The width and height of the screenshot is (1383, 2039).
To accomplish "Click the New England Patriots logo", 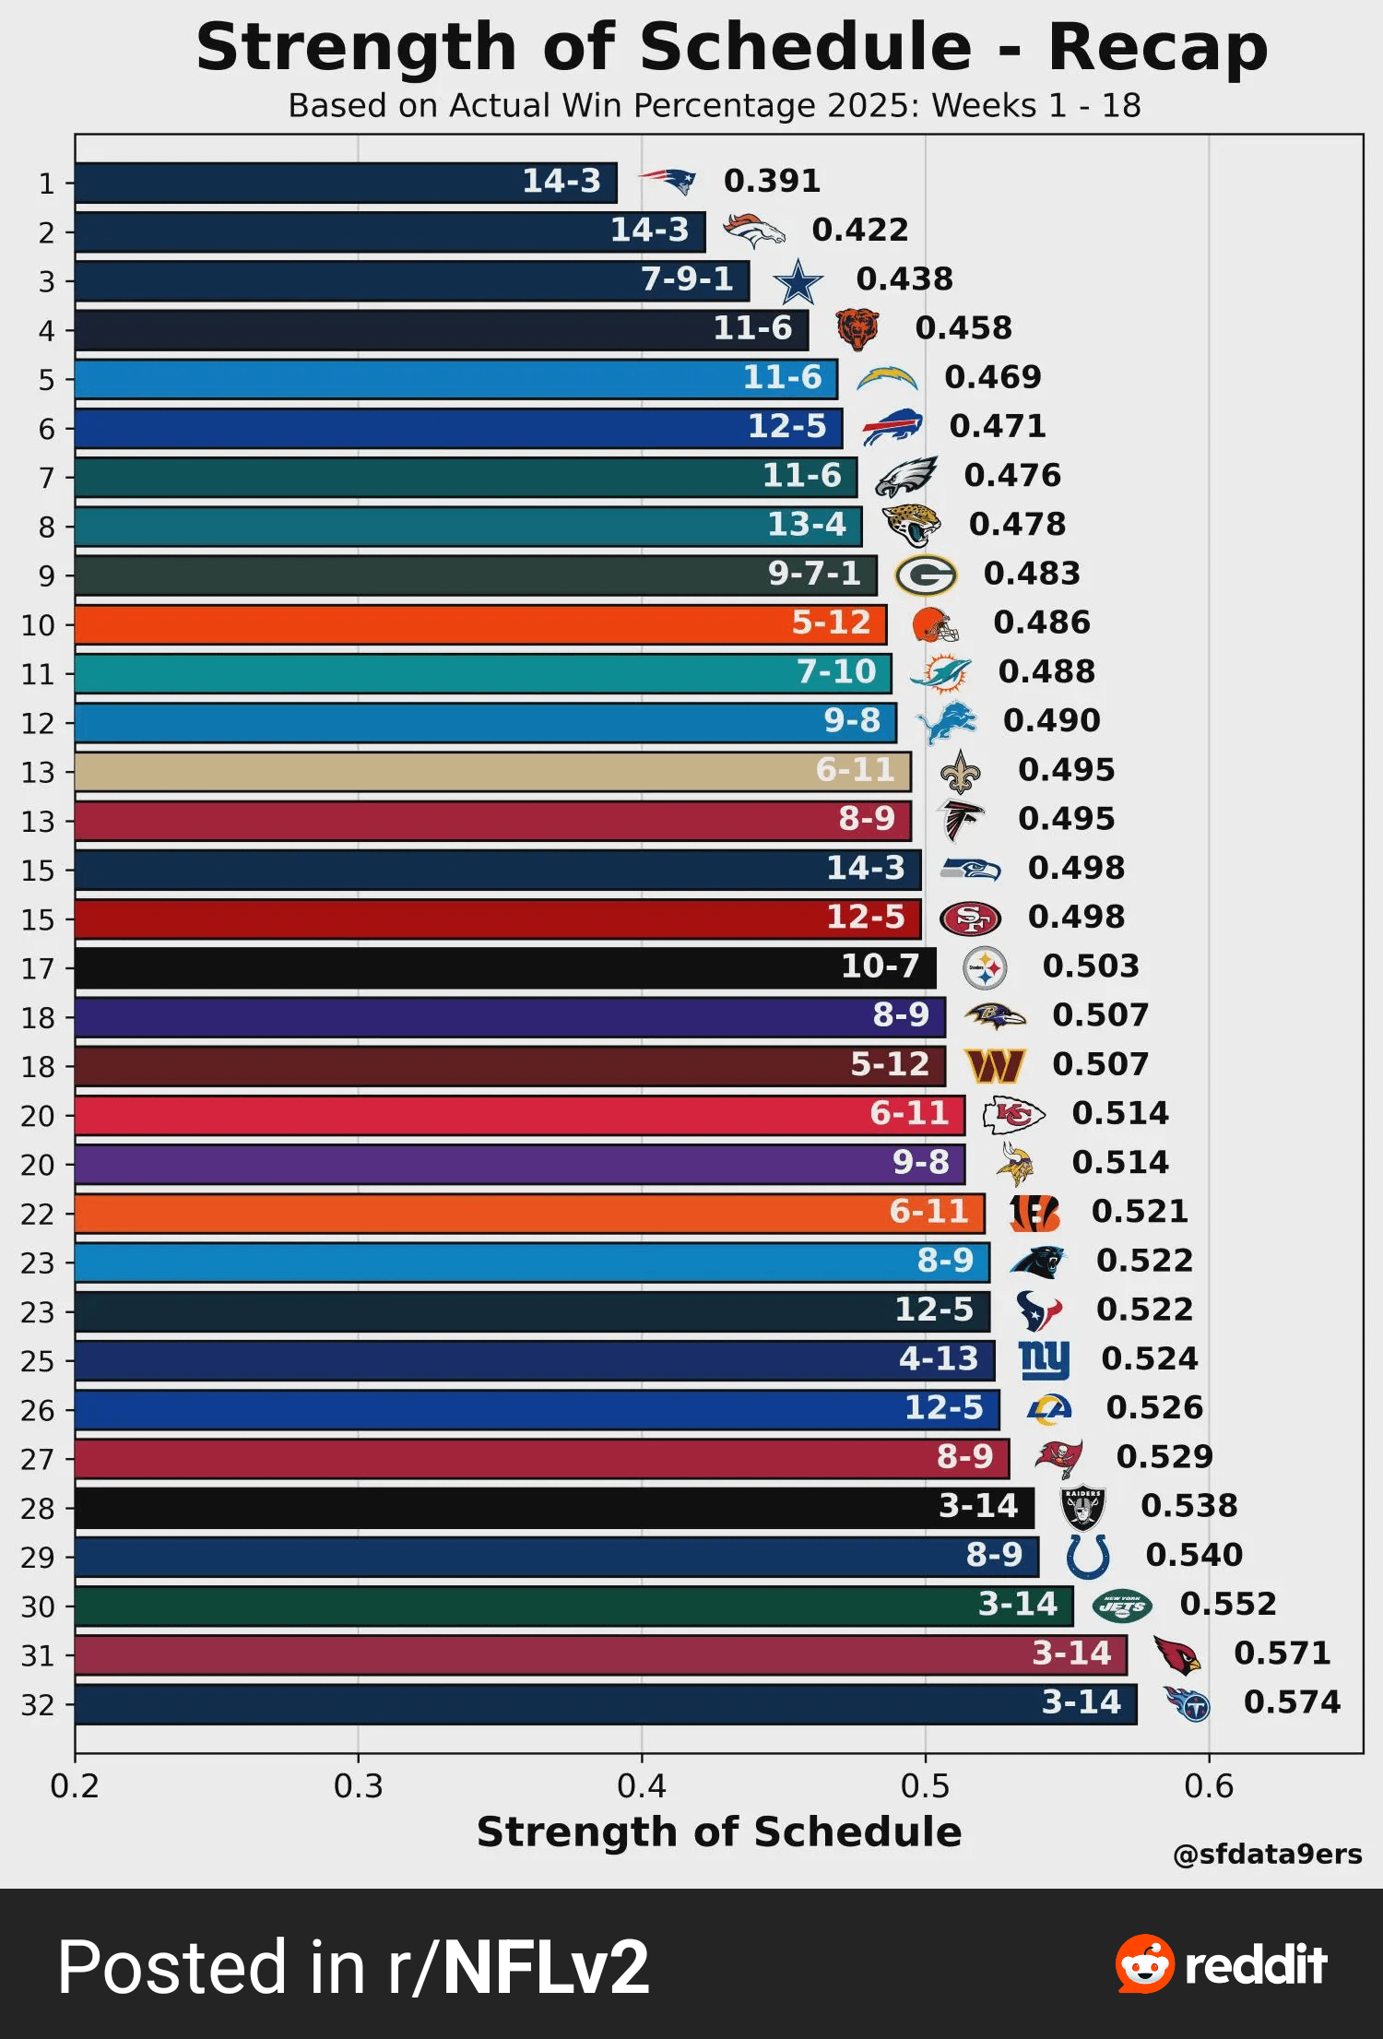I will (668, 182).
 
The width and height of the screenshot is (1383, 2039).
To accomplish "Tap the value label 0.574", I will (1292, 1702).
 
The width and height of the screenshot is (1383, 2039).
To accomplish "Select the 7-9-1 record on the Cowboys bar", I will (687, 279).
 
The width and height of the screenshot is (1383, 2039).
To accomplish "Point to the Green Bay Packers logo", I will (926, 575).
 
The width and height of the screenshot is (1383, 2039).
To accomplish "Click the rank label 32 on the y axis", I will (38, 1705).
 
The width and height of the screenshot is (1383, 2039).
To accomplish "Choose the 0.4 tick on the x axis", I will (642, 1786).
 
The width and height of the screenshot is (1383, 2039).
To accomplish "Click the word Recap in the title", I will (1158, 48).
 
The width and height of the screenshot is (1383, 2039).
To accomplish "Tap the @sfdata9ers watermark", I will (1267, 1855).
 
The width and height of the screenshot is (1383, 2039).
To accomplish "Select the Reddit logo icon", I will (1144, 1964).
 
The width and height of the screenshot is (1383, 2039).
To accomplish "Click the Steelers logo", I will (985, 968).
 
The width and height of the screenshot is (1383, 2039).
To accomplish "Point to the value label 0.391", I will (772, 182).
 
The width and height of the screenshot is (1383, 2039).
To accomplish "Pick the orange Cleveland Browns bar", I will (479, 624).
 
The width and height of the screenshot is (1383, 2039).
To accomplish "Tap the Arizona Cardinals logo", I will (1177, 1655).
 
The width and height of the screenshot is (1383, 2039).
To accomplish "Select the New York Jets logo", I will (1122, 1606).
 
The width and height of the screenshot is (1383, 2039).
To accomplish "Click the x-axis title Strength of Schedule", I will (719, 1832).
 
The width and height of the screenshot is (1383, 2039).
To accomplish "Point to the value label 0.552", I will (1228, 1605).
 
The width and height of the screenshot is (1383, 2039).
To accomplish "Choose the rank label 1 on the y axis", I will (46, 184).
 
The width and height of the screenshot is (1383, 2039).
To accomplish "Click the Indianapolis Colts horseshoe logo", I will (1088, 1557).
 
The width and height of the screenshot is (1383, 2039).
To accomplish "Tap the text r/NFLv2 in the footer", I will (518, 1967).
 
